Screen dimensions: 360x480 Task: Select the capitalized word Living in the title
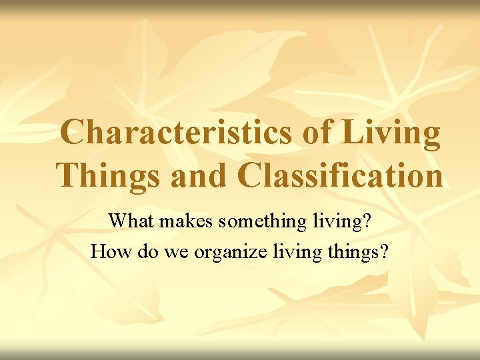pyautogui.click(x=392, y=133)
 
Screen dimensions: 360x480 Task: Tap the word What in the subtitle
pyautogui.click(x=130, y=220)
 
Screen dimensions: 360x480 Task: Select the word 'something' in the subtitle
pyautogui.click(x=259, y=221)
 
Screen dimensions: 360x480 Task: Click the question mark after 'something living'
pyautogui.click(x=366, y=220)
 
